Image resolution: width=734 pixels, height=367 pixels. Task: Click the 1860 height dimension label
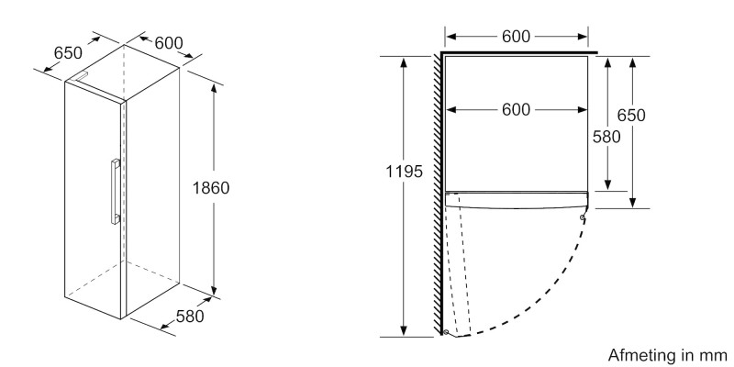tap(211, 188)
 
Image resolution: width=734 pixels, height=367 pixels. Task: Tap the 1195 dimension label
tap(404, 172)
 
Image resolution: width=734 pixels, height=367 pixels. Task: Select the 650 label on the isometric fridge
tap(68, 53)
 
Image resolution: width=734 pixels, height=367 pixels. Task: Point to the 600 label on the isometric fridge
tap(169, 43)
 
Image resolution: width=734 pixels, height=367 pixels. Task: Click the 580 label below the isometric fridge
tap(190, 317)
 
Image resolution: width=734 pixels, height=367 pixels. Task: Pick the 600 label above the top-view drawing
tap(516, 37)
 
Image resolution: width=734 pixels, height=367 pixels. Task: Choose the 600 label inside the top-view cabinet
tap(516, 110)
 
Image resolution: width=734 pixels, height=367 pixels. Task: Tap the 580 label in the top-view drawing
tap(606, 137)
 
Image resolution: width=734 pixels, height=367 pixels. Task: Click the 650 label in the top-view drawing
tap(631, 116)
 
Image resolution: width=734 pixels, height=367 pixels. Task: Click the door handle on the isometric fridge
tap(116, 192)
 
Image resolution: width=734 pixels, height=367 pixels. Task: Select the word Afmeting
tap(640, 354)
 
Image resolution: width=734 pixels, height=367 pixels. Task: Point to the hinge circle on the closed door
tap(582, 217)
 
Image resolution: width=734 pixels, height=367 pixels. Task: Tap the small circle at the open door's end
tap(445, 332)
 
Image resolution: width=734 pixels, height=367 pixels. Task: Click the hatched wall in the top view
tap(438, 194)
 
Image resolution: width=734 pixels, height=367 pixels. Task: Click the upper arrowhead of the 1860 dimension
tap(214, 88)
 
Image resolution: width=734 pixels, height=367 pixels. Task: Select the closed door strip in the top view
tap(516, 200)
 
